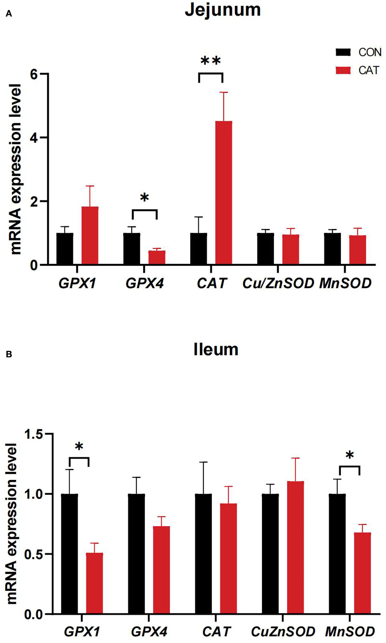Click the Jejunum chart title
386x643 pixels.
(223, 10)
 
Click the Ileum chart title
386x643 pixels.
(216, 350)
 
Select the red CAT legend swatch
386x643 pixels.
(343, 71)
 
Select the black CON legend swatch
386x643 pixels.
(343, 52)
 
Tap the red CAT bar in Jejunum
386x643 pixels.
(224, 192)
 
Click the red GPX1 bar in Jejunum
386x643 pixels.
(90, 235)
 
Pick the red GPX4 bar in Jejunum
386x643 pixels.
(157, 257)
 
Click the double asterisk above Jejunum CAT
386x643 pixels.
(211, 61)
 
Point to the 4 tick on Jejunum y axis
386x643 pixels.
(34, 138)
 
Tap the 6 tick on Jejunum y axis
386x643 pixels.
(34, 74)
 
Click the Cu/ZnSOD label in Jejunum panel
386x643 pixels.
(278, 283)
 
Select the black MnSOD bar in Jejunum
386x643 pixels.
(332, 249)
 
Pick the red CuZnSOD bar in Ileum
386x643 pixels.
(295, 547)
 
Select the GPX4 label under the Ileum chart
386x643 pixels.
(149, 631)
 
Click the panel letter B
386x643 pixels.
(9, 354)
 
